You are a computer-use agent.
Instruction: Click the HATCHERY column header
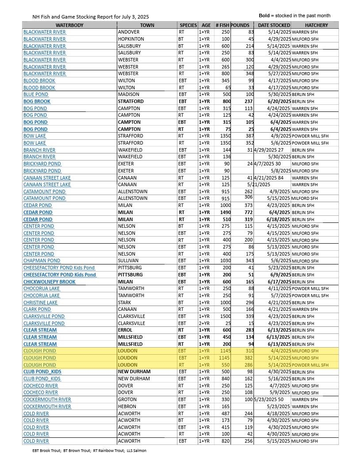[x=316, y=25]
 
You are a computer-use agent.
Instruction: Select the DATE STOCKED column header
[x=274, y=25]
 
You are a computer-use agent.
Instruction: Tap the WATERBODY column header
[x=69, y=25]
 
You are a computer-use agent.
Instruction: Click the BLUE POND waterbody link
[x=36, y=94]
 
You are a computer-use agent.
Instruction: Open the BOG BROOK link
[x=37, y=101]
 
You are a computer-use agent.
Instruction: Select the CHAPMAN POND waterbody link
[x=42, y=261]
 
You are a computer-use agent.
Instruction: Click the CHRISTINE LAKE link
[x=41, y=302]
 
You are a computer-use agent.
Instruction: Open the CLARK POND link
[x=37, y=309]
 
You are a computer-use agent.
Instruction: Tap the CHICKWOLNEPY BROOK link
[x=50, y=282]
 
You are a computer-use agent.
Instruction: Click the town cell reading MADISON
[x=129, y=94]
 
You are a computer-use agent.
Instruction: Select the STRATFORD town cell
[x=131, y=101]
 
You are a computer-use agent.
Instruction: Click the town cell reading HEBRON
[x=127, y=406]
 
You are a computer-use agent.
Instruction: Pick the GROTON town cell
[x=127, y=399]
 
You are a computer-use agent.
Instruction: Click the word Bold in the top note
[x=264, y=15]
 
